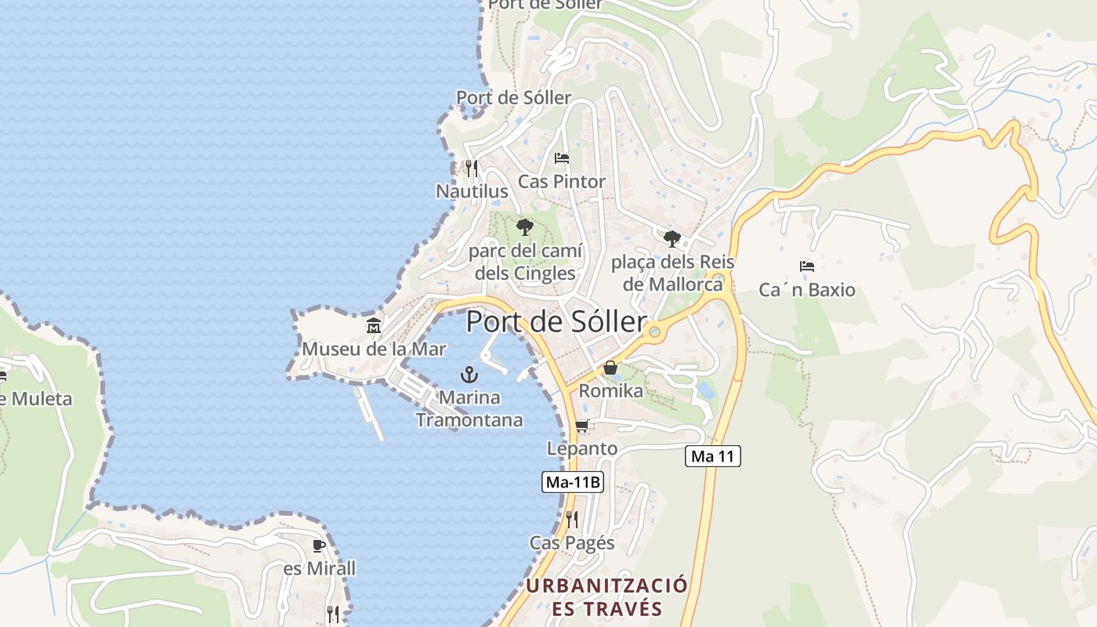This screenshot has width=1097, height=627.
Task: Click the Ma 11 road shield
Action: [x=713, y=456]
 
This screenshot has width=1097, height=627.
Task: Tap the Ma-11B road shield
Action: [x=573, y=482]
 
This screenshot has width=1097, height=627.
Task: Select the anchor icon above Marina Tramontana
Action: [x=469, y=374]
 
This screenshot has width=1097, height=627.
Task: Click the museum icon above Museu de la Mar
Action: [x=374, y=325]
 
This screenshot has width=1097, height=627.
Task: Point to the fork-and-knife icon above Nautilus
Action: [x=471, y=168]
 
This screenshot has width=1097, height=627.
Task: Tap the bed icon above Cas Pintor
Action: [x=562, y=158]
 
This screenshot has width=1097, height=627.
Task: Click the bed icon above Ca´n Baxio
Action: [x=807, y=266]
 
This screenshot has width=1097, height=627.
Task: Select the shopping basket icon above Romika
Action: [x=610, y=368]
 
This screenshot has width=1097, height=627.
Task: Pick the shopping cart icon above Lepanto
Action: [x=581, y=426]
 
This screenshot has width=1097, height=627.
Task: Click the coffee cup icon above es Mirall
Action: [x=319, y=545]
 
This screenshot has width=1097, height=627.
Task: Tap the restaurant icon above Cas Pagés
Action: [x=572, y=519]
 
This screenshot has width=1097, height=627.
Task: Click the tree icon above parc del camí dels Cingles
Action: [x=525, y=227]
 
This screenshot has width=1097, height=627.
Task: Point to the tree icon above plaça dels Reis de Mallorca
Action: [x=672, y=239]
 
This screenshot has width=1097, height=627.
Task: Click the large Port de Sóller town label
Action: [x=556, y=322]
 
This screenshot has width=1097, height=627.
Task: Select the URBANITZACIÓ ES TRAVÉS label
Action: [x=606, y=596]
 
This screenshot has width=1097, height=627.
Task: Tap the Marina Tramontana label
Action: [x=469, y=408]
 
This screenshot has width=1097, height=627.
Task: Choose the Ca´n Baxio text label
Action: [x=807, y=290]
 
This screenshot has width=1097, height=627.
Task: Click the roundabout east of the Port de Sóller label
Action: [x=655, y=333]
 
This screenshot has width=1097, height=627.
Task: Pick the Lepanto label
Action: [x=582, y=449]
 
